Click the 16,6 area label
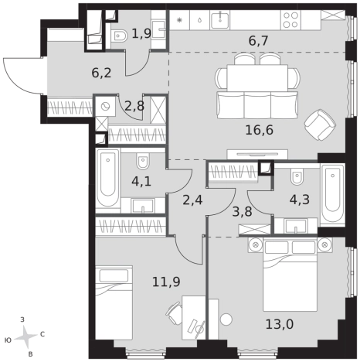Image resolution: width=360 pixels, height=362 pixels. [x=260, y=130]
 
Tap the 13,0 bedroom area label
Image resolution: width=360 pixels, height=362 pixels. [x=280, y=324]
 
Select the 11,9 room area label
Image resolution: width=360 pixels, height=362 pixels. [x=166, y=282]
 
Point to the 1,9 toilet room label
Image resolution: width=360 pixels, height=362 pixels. [x=141, y=33]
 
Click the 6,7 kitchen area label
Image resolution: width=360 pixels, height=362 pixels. [x=259, y=41]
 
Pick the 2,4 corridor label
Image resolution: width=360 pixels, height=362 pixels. [x=192, y=200]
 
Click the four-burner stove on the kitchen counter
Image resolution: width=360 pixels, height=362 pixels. [x=290, y=20]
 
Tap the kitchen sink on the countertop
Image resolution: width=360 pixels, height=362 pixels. [x=220, y=20]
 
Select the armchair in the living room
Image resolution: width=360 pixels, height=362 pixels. [x=320, y=125]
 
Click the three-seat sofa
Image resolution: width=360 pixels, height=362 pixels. [x=257, y=105]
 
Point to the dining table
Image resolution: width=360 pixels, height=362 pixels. [x=257, y=77]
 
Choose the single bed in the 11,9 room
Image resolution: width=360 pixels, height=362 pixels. [x=114, y=303]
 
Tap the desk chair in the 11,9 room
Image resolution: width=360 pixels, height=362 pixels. [x=174, y=311]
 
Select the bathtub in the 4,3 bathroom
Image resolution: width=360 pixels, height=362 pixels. [x=332, y=195]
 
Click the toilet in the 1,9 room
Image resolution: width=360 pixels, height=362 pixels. [x=119, y=36]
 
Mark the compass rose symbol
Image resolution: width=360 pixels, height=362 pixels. [x=25, y=336]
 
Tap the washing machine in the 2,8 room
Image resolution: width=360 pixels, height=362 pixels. [x=105, y=106]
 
